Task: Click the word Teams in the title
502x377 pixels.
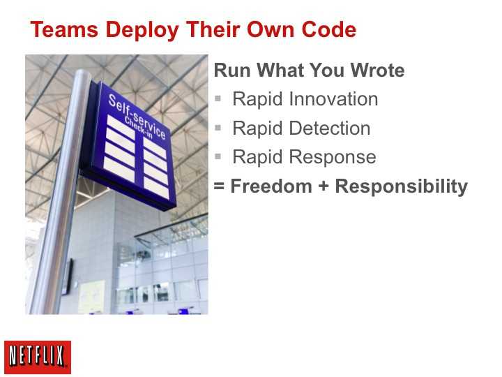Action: tap(64, 29)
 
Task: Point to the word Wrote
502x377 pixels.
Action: tap(377, 71)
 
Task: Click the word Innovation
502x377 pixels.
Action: tap(333, 98)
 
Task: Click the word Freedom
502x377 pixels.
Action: tap(271, 186)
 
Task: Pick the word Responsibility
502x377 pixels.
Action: tap(401, 187)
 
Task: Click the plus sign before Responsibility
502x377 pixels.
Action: tap(324, 186)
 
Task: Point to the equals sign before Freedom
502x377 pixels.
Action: tap(219, 186)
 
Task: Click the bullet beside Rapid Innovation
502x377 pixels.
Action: tap(218, 98)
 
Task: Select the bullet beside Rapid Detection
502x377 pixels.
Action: tap(218, 128)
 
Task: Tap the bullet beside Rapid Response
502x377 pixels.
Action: tap(218, 157)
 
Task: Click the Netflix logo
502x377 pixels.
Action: tap(38, 357)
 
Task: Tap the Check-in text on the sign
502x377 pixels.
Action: tap(138, 128)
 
